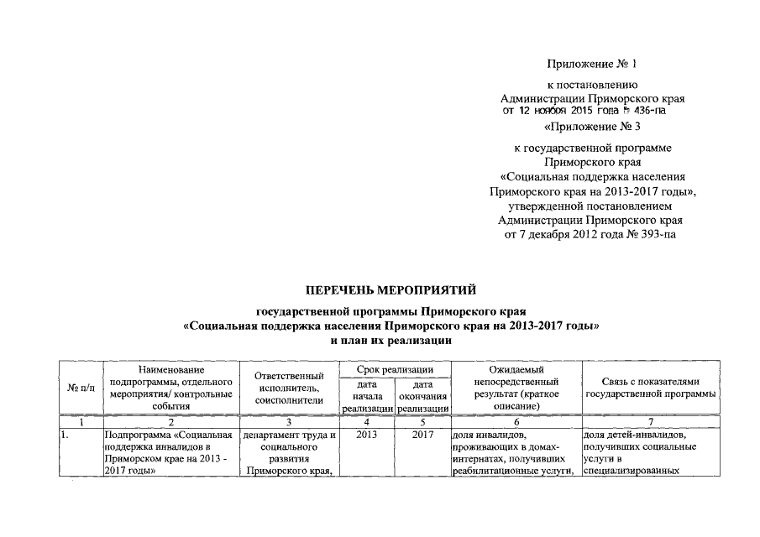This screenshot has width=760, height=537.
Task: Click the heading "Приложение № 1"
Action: coord(592,64)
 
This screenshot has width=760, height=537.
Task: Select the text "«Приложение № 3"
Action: coord(593,128)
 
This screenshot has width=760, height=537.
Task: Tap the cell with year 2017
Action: coord(422,435)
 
